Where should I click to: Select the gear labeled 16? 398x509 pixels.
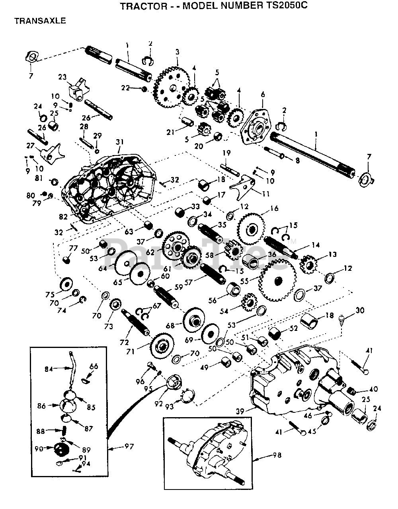[252, 229]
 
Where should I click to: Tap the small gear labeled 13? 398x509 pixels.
[308, 263]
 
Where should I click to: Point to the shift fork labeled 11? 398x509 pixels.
[244, 187]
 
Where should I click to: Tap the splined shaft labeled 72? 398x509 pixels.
[134, 324]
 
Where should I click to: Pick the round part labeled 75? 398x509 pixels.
[65, 285]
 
